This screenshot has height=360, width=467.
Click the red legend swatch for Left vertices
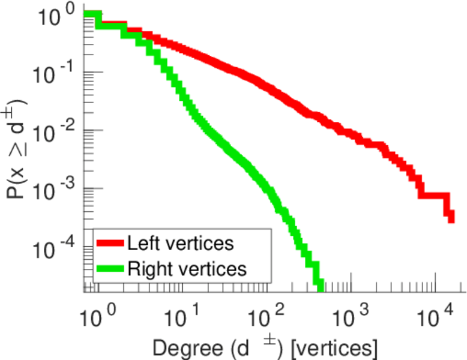(110, 244)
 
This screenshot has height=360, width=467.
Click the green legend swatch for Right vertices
(110, 269)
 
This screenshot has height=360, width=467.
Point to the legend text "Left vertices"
(180, 244)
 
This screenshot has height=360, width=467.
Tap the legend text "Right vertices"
(187, 269)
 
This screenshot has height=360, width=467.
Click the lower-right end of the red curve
(451, 217)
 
